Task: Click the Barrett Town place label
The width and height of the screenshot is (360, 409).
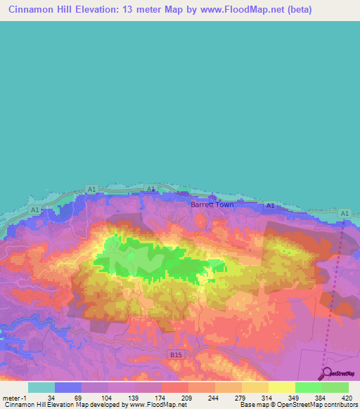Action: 212,205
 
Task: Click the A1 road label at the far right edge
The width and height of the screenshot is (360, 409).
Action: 343,213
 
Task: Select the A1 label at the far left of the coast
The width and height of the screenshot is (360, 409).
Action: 35,210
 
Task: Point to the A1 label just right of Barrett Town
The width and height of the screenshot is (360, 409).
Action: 269,205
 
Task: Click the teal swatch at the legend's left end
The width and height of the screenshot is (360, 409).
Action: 41,387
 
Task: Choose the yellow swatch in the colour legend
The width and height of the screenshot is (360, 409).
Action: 281,387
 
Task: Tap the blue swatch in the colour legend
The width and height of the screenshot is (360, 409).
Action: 68,387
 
